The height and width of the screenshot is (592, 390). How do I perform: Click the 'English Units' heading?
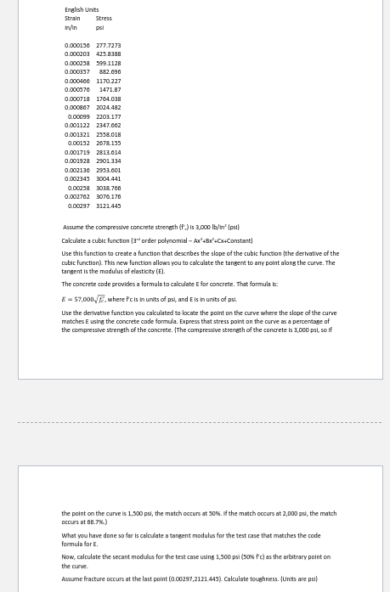tap(82, 9)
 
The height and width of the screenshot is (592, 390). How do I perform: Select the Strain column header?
tap(72, 18)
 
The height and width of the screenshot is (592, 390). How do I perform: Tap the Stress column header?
tap(104, 18)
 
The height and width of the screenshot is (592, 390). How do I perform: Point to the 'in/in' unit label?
tap(71, 27)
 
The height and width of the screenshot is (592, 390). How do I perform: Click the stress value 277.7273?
tap(108, 45)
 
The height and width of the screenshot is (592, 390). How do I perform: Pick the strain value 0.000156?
tap(76, 45)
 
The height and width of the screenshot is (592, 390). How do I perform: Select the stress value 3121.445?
tap(108, 206)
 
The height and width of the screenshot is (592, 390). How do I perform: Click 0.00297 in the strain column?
tap(78, 206)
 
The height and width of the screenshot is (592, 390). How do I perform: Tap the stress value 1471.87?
tap(110, 89)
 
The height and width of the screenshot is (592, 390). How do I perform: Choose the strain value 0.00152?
tap(78, 144)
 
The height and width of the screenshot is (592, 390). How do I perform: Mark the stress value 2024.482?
tap(108, 108)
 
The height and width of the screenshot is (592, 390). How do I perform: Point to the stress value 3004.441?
tap(108, 179)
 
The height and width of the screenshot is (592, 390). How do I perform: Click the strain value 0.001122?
tap(76, 126)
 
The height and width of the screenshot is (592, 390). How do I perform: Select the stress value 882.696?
tap(110, 72)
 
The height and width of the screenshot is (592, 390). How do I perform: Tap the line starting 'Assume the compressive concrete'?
tap(150, 227)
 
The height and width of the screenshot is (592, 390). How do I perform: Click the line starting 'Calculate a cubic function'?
tap(156, 240)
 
